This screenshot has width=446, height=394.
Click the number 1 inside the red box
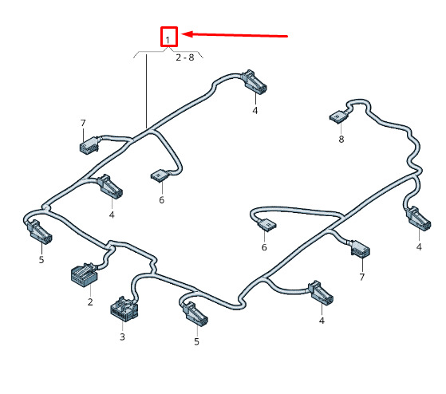point(168,40)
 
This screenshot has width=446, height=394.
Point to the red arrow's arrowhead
point(187,34)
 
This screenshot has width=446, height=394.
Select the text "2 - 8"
point(185,57)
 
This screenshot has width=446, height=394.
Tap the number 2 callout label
point(90,301)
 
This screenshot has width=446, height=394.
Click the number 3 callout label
point(122,337)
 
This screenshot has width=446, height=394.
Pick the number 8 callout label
point(341,139)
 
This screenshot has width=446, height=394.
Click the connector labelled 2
point(85,274)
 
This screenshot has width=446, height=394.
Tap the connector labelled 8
point(339,116)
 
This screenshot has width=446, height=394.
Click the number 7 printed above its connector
point(83,123)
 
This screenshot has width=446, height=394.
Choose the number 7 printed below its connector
point(361,277)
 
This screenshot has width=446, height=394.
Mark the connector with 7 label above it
point(89,145)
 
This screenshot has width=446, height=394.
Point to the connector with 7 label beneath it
point(361,250)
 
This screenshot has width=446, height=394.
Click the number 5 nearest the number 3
point(196,341)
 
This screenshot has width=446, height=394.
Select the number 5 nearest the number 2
point(41,259)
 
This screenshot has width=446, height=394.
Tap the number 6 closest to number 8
point(264,247)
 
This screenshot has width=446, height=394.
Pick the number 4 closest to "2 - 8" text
point(255,110)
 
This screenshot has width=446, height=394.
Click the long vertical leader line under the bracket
point(147,91)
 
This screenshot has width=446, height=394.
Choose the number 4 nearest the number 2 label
point(112,215)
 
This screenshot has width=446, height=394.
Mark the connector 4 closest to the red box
point(254,82)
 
